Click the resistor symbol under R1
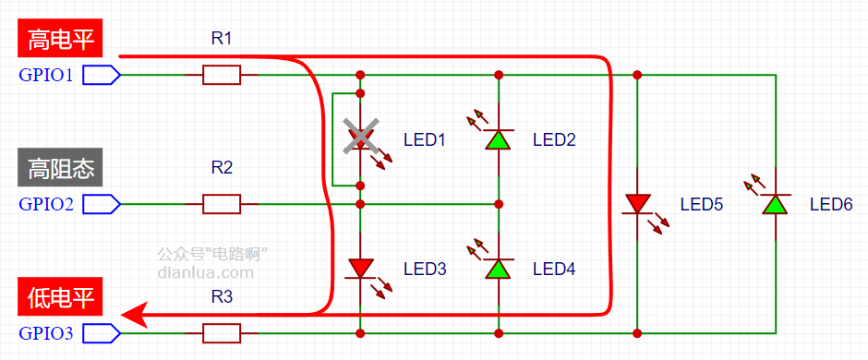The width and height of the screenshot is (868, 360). tap(222, 75)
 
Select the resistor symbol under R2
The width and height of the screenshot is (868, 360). tap(222, 204)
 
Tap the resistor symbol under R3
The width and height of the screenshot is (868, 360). tap(222, 333)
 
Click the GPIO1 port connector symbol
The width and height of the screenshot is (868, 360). tap(102, 75)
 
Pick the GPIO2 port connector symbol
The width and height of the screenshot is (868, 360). tap(102, 204)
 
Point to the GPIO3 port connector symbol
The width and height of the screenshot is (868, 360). tap(102, 333)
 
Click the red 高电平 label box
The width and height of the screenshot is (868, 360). tap(60, 38)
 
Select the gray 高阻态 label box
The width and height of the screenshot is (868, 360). tap(60, 167)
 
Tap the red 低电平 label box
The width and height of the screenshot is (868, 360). tap(60, 296)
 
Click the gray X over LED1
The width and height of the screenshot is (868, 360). tap(360, 135)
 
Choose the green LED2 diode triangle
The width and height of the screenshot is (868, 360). tap(499, 139)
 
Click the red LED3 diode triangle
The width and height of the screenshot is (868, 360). tap(360, 269)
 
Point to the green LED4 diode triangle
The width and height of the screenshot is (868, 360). tap(499, 269)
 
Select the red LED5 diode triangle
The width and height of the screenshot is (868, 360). tap(637, 204)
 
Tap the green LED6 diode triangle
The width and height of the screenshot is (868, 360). tap(776, 204)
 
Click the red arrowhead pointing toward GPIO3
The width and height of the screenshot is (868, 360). tap(134, 315)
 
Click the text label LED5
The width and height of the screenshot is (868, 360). tap(702, 204)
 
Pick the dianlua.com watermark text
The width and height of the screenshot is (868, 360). tap(206, 272)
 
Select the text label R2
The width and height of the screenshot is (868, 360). tap(222, 168)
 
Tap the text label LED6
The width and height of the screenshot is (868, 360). tap(831, 204)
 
